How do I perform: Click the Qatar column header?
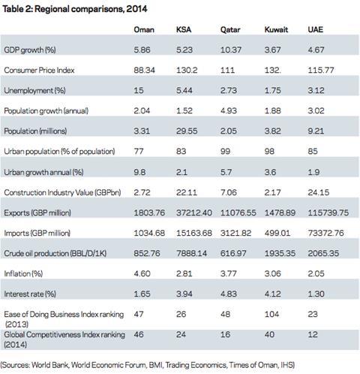[230, 30]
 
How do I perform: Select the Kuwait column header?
[276, 29]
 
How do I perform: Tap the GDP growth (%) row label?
[30, 50]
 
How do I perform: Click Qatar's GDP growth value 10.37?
[230, 50]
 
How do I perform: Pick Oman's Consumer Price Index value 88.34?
[144, 70]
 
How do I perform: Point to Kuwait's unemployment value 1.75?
[272, 90]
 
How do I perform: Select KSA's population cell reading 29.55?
[187, 131]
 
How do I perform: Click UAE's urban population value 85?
[313, 151]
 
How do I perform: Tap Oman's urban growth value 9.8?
[139, 172]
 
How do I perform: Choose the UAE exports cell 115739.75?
[328, 213]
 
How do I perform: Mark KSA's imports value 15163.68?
[194, 233]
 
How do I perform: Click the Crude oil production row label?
[55, 253]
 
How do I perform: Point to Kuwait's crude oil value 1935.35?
[280, 253]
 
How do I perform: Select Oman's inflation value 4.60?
[142, 273]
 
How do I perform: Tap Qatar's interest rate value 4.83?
[228, 294]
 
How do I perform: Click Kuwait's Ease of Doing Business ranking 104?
[271, 314]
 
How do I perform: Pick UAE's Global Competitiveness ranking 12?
[313, 334]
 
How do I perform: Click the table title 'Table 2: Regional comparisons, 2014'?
[75, 9]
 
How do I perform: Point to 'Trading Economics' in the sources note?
[196, 365]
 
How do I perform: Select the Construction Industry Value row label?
[62, 192]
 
